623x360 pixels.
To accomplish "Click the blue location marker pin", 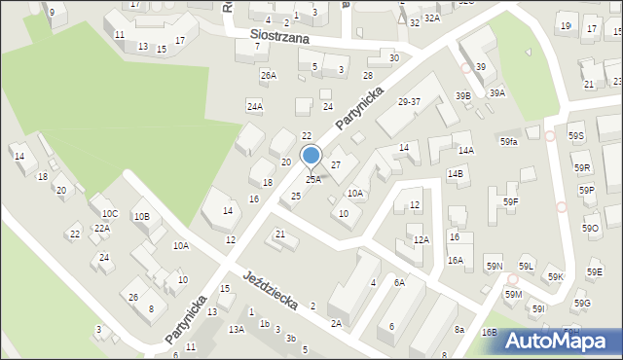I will point(311,157).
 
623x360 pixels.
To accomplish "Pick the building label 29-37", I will point(409,101).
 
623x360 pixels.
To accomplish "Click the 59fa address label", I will point(509,142).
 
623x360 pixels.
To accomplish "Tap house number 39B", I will point(463,95).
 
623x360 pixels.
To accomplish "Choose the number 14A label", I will point(466,151).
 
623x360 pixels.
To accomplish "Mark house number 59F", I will point(511,201).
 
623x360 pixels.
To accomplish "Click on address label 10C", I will point(110,213).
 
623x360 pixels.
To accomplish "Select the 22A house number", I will point(102,228).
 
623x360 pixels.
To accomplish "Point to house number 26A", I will point(268,75).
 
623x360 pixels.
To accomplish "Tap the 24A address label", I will point(254,106).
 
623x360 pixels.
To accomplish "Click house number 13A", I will point(237,330).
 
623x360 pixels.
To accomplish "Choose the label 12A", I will point(421,239).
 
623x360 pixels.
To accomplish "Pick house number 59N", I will point(494,266).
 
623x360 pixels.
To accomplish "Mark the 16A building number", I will point(456,260).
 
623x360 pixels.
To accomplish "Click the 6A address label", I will point(399,282).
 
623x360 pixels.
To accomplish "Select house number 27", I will point(335,165).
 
